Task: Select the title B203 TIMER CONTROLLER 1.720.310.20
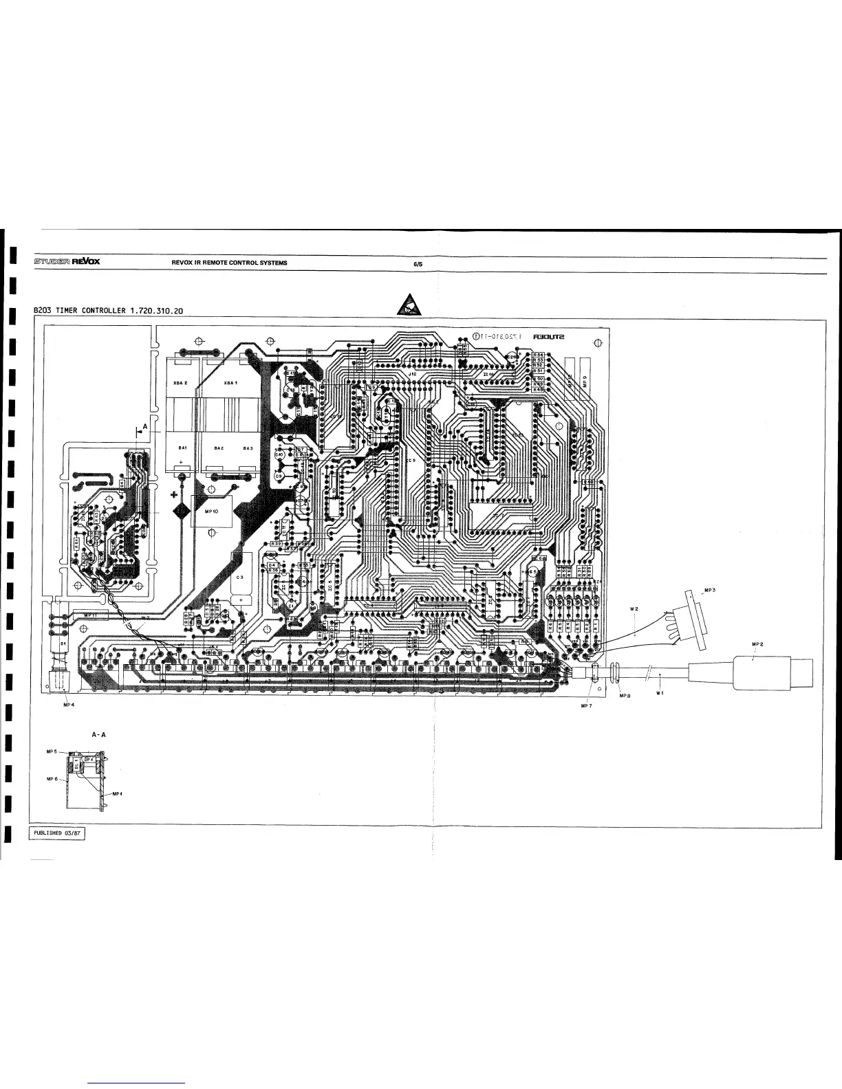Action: pyautogui.click(x=109, y=311)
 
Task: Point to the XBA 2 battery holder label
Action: pyautogui.click(x=181, y=383)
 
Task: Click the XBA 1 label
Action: pyautogui.click(x=230, y=383)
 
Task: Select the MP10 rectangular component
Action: pyautogui.click(x=211, y=511)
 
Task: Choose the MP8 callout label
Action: pyautogui.click(x=624, y=695)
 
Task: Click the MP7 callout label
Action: pyautogui.click(x=586, y=705)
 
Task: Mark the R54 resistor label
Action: pyautogui.click(x=539, y=355)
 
